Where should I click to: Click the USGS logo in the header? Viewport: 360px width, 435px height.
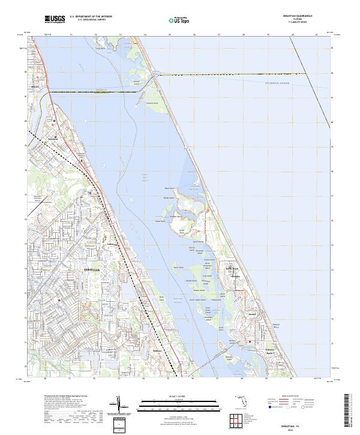[55, 19]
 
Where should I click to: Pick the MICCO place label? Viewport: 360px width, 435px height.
[35, 87]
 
